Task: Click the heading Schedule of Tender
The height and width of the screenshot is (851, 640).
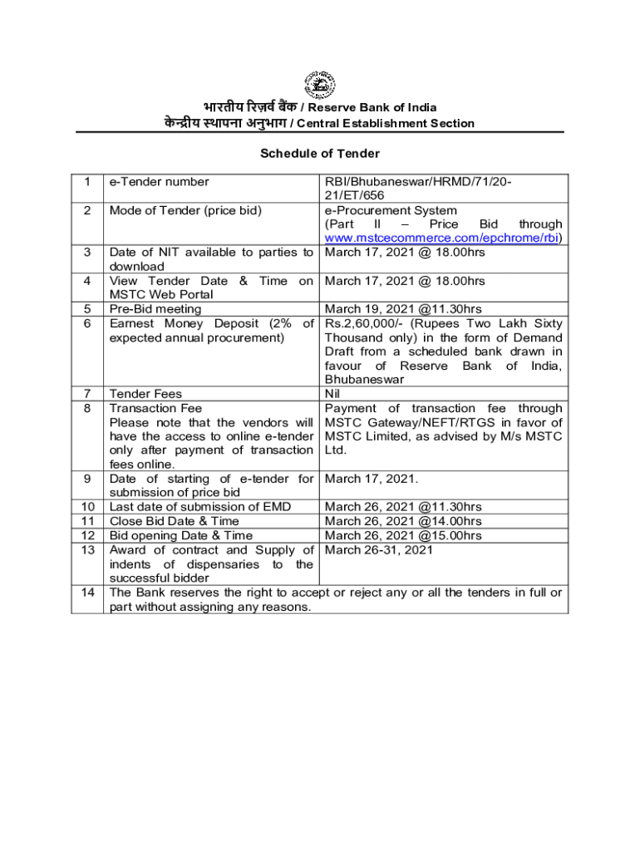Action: [320, 153]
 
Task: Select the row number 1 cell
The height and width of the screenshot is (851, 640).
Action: [86, 182]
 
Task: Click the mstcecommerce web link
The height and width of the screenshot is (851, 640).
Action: [443, 239]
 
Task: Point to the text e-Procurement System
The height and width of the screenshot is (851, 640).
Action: [391, 210]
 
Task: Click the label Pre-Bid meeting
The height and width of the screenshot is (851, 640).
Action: [155, 309]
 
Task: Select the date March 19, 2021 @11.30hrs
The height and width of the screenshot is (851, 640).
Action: [403, 309]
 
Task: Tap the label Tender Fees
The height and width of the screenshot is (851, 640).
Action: [145, 394]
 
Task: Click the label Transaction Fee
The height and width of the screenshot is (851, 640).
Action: [155, 408]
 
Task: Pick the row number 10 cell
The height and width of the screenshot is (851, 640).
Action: [86, 507]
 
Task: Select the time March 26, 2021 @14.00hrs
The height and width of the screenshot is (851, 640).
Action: [403, 521]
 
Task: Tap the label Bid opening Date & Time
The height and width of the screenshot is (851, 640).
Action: [181, 535]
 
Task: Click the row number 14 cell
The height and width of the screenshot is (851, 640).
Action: [86, 593]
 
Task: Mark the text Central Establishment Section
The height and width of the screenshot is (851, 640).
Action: [386, 123]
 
